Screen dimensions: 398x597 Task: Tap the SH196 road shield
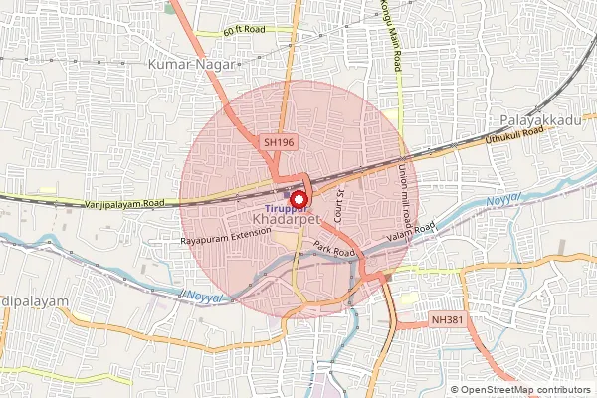tap(280, 143)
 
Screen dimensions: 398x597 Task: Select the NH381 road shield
tap(445, 320)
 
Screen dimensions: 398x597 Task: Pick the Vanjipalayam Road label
tap(124, 203)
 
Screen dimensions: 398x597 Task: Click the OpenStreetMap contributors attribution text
tap(524, 390)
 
